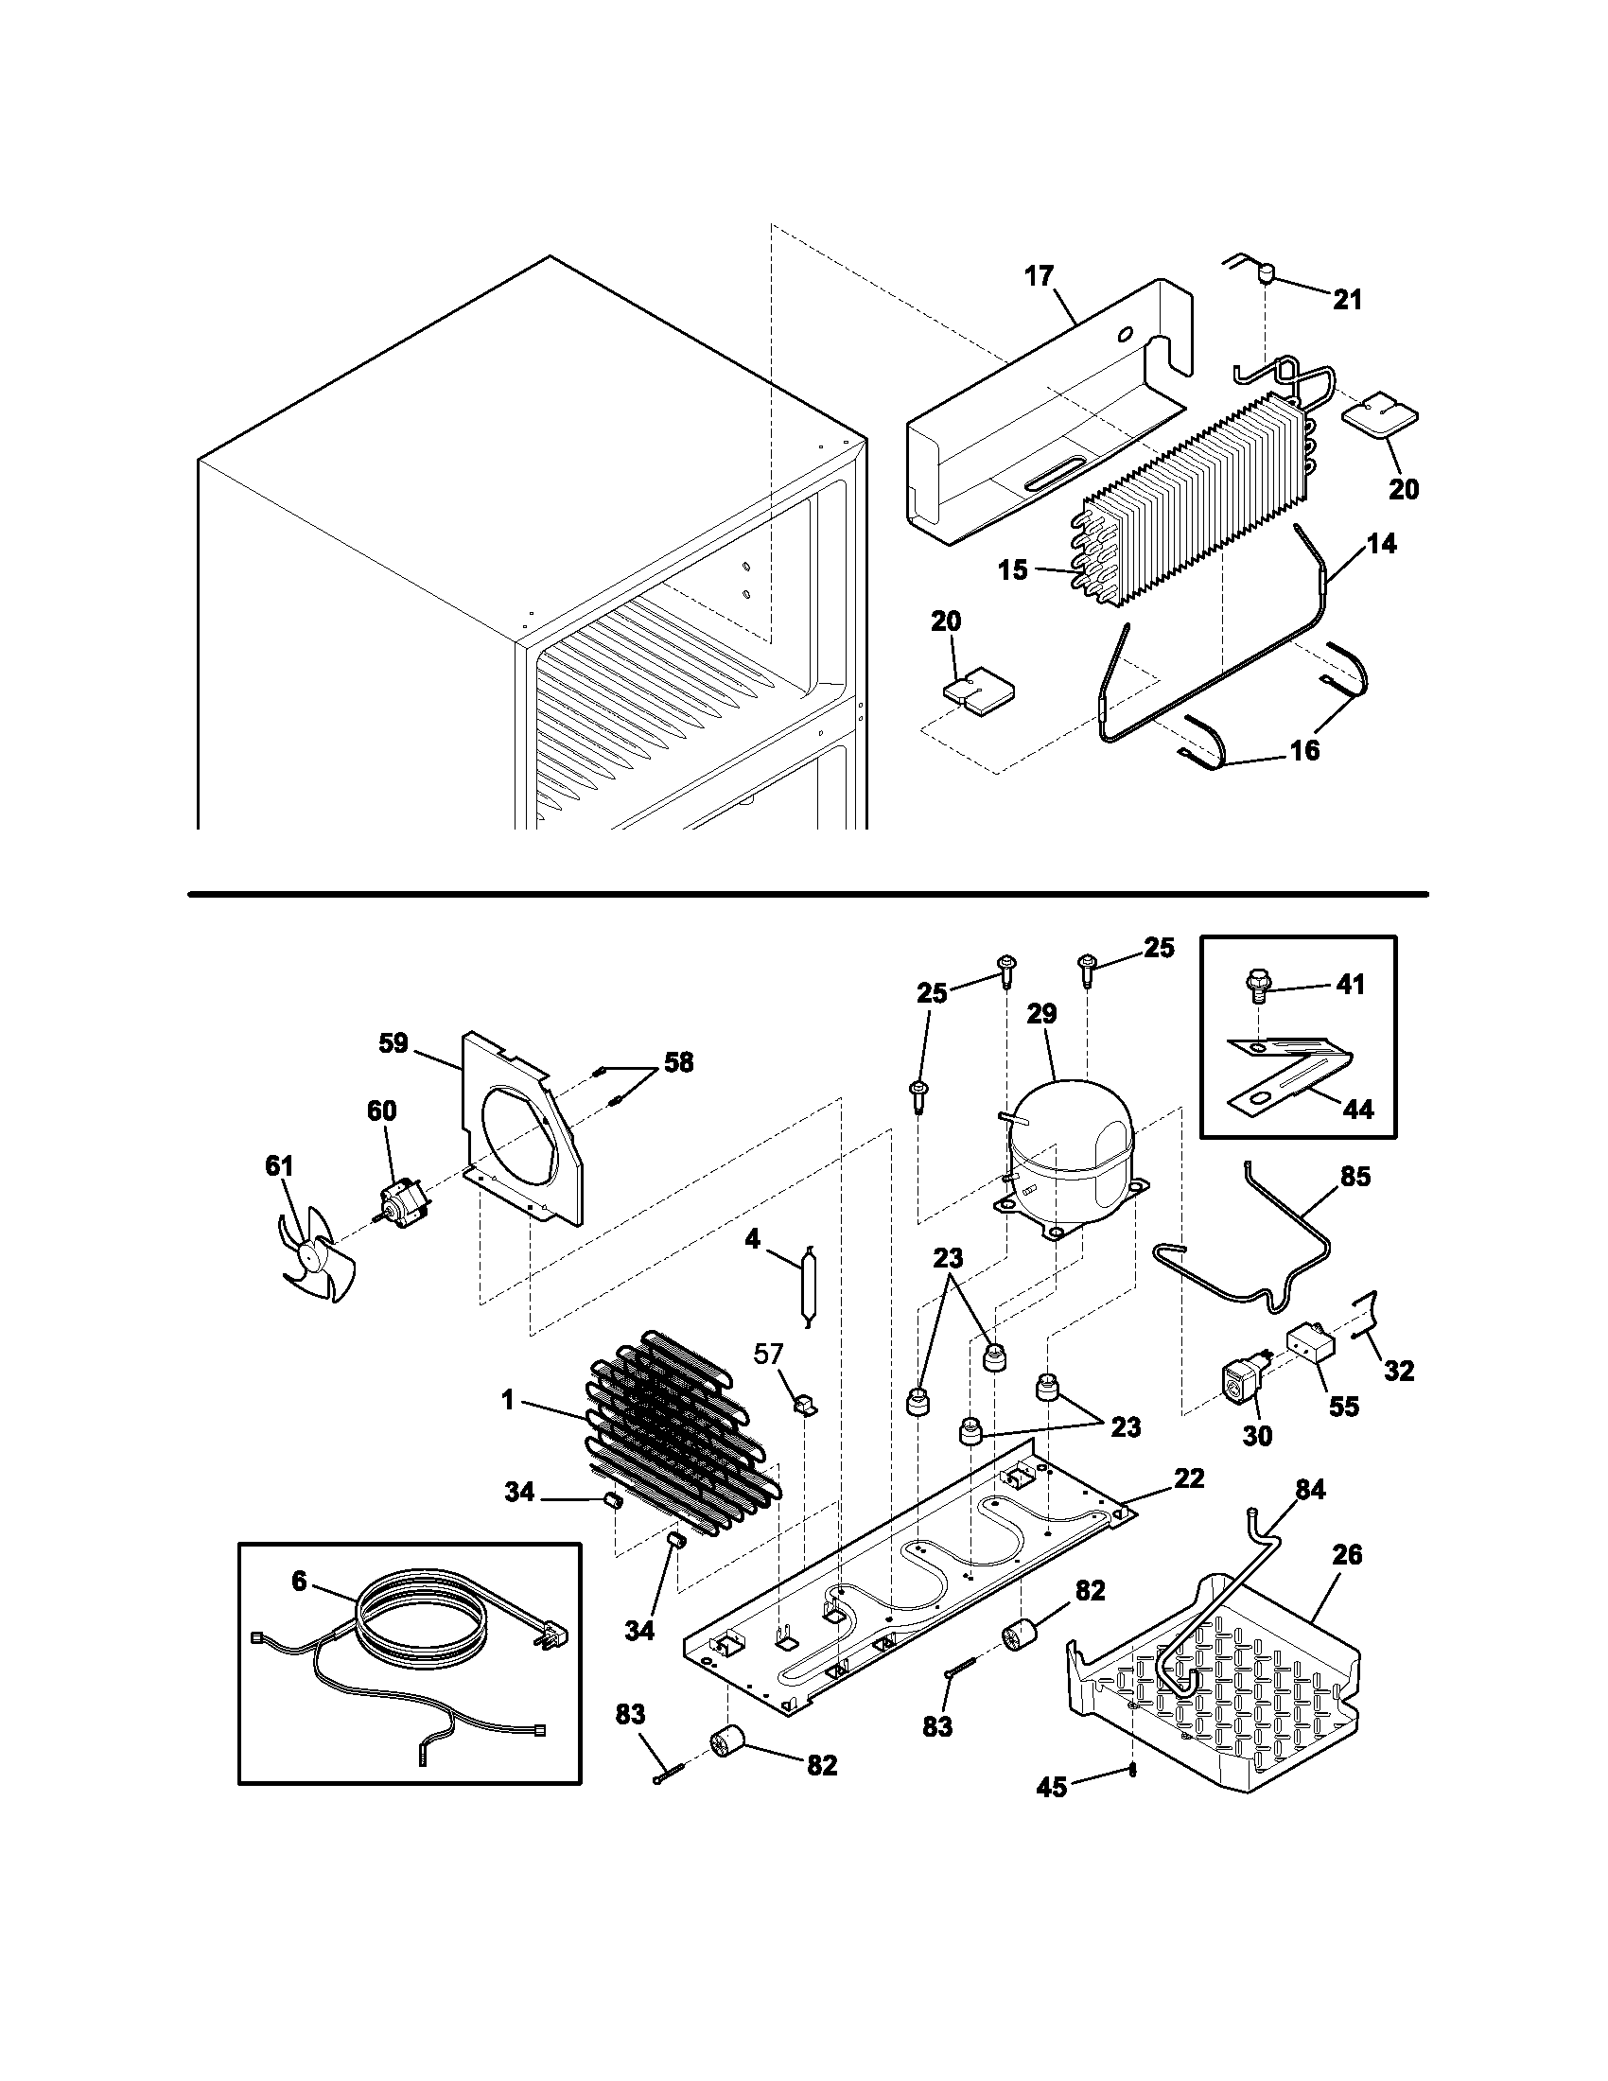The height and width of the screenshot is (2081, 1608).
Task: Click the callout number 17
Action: [x=1039, y=276]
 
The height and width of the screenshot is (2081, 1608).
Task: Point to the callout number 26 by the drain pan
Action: [x=1346, y=1554]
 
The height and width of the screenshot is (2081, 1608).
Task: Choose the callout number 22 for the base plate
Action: [x=1189, y=1478]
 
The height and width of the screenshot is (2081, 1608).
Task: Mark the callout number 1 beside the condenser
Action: [x=507, y=1401]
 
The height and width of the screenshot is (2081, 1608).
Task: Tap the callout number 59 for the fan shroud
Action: [x=393, y=1043]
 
